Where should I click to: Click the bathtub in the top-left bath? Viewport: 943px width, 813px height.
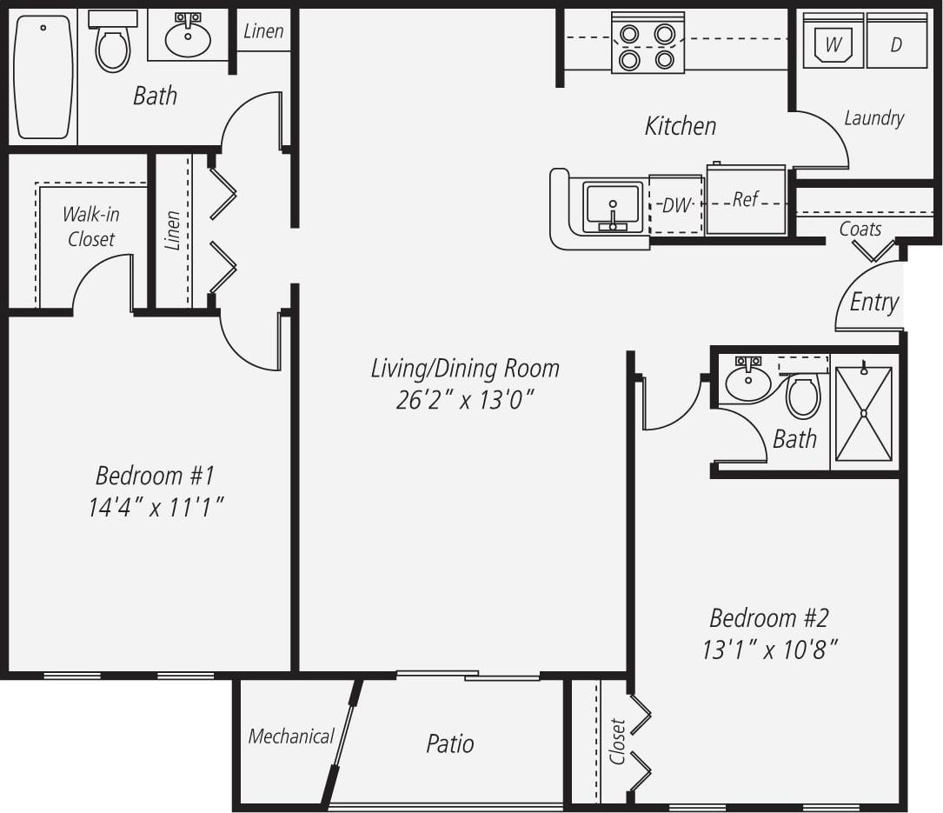(x=43, y=77)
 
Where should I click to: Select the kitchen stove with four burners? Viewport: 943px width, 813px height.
(x=647, y=42)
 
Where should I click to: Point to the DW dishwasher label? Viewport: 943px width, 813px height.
(x=675, y=206)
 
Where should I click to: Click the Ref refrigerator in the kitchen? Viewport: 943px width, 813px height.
(x=746, y=200)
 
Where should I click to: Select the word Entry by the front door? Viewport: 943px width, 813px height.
(x=873, y=302)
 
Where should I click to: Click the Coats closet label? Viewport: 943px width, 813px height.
(x=860, y=230)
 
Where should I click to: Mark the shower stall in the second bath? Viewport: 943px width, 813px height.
(x=864, y=413)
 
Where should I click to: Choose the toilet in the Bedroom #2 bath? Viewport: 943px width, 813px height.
(x=803, y=396)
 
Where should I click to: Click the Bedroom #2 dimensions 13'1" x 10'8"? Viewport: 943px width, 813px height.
(x=769, y=650)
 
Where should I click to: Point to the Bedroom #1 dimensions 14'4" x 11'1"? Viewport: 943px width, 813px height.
(x=156, y=507)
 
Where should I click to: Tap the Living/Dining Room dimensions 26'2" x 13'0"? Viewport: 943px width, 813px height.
(x=465, y=400)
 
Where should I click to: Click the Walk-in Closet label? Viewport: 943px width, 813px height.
(x=90, y=226)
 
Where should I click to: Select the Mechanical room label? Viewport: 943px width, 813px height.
(x=291, y=736)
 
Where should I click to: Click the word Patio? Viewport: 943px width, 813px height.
(x=450, y=743)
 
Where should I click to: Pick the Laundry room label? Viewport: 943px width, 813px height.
(x=873, y=118)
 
